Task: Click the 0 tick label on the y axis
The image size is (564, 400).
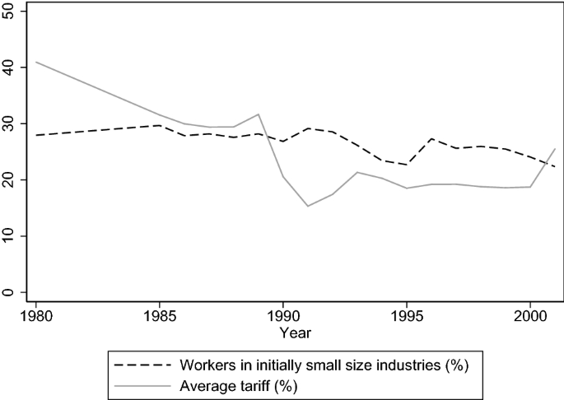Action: [x=11, y=292]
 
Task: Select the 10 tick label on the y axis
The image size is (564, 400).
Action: [x=11, y=236]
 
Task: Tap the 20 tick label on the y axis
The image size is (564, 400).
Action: [x=11, y=179]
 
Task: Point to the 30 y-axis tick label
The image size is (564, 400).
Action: [x=11, y=123]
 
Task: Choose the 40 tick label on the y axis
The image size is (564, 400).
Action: [x=11, y=67]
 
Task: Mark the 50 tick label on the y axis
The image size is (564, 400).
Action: [x=11, y=12]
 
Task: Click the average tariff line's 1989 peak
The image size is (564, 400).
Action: [x=258, y=114]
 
